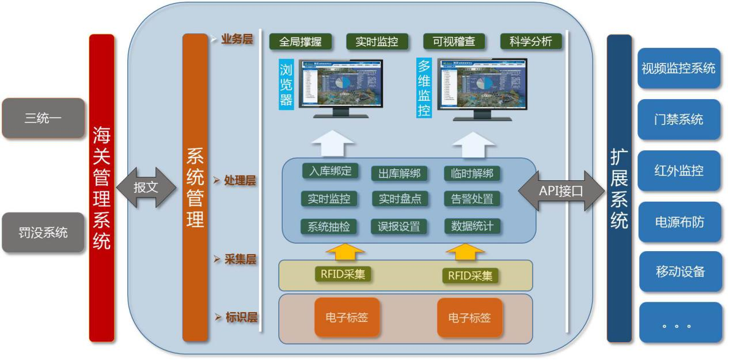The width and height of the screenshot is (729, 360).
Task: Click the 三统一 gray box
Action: (x=43, y=118)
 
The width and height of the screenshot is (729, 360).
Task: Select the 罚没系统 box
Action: (x=43, y=233)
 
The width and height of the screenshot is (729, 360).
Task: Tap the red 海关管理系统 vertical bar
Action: (x=102, y=188)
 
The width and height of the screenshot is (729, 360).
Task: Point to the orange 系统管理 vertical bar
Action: (x=195, y=188)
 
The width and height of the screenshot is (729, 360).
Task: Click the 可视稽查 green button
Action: (x=454, y=41)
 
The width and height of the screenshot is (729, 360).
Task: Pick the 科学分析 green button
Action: (x=530, y=41)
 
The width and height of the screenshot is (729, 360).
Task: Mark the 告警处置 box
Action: (x=472, y=199)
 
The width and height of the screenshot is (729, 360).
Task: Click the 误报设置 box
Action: (x=399, y=226)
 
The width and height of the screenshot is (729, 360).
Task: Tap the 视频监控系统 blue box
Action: (x=678, y=69)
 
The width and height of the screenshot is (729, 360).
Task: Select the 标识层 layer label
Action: (x=241, y=317)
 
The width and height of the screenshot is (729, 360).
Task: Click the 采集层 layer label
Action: (x=240, y=259)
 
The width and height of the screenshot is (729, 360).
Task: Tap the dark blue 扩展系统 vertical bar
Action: (x=619, y=188)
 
